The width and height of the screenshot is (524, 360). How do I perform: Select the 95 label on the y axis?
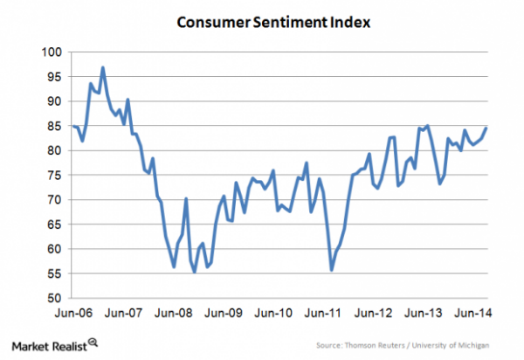pos(53,77)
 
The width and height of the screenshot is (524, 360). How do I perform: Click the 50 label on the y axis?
pos(53,298)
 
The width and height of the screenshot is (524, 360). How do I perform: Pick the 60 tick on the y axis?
pos(53,249)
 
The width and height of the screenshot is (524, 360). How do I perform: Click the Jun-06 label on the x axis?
pos(73,312)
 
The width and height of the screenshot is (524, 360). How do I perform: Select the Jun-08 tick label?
pos(176,312)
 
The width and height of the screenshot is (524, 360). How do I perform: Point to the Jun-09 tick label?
pos(227,312)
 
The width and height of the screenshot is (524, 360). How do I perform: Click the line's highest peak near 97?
pos(103,67)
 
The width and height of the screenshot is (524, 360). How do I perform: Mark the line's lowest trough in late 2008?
pos(194,272)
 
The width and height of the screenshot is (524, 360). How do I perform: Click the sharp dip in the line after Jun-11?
pos(332,270)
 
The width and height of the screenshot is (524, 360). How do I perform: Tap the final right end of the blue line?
pos(486,128)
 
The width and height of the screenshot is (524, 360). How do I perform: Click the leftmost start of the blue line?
pos(73,127)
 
